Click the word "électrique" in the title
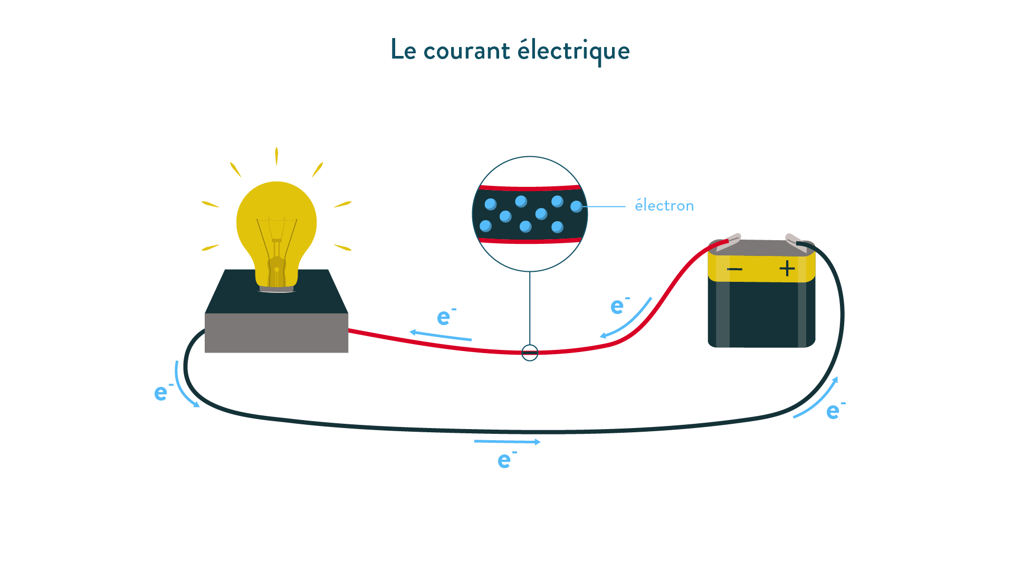(x=574, y=51)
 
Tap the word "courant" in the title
(x=467, y=51)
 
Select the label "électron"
(x=664, y=205)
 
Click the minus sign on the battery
(x=734, y=270)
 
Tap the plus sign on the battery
(x=787, y=269)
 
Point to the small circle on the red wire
(x=530, y=353)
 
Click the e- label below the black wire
(x=507, y=460)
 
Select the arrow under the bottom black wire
(x=507, y=442)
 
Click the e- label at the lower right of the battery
(x=836, y=410)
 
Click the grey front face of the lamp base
(x=276, y=333)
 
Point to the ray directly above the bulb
(x=276, y=156)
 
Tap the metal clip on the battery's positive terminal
(x=796, y=242)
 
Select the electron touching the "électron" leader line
(x=576, y=206)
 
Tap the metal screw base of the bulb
(x=276, y=289)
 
